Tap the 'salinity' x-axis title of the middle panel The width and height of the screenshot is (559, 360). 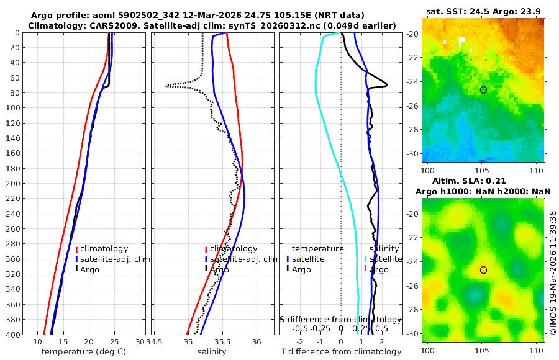211,351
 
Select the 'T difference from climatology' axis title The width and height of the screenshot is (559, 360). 341,351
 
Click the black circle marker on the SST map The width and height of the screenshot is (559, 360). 483,90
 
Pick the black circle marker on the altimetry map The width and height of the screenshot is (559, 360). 483,270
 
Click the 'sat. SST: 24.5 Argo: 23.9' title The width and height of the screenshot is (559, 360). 483,12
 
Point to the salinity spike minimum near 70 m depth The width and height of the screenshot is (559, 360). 166,86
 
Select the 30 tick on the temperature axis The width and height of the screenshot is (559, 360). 140,342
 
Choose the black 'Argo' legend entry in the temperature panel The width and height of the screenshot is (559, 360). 93,269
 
